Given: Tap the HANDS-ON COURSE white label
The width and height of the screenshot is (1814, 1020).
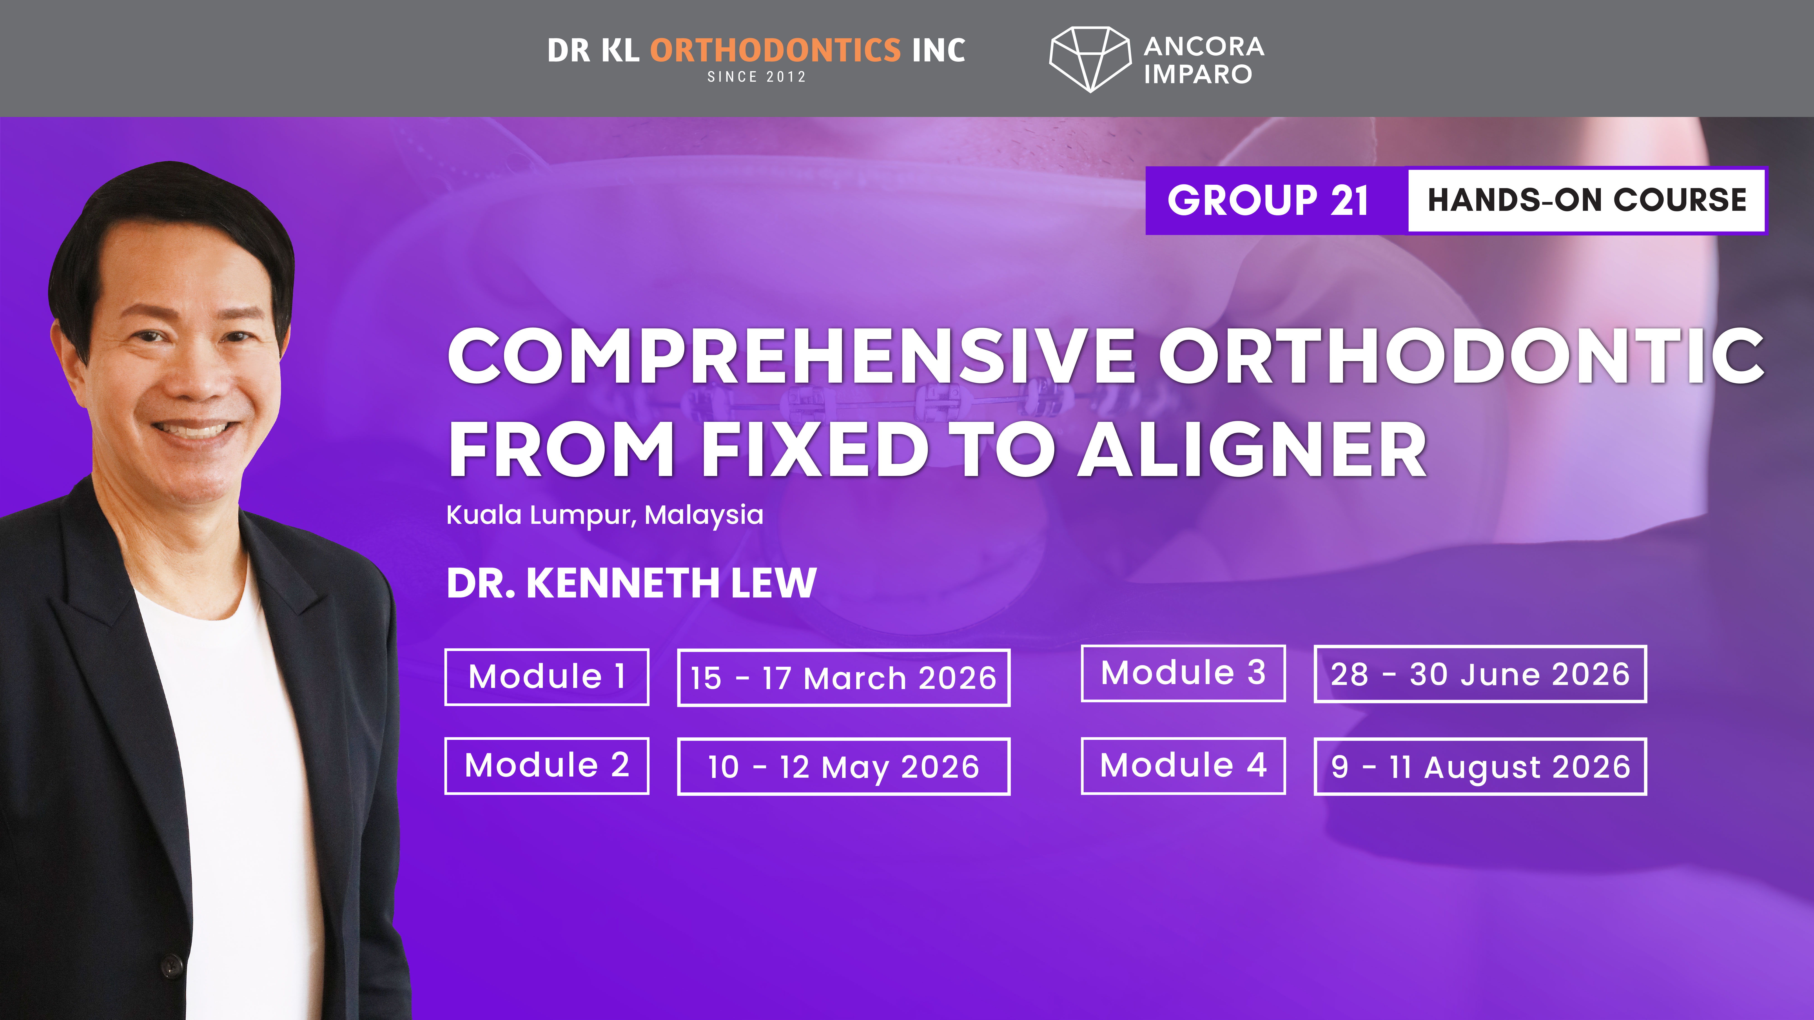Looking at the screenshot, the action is pos(1587,201).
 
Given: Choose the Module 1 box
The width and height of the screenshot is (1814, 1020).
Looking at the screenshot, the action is pos(546,676).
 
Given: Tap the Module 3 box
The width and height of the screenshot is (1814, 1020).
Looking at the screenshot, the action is pos(1183,673).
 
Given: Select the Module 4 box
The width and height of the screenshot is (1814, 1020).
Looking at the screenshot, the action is pos(1183,766).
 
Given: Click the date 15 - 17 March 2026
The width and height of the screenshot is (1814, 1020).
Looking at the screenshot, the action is pos(844,678).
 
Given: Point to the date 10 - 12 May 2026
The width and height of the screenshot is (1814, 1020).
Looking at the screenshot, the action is pos(844,767).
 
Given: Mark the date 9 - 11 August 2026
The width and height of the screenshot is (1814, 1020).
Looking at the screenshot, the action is pos(1480,767).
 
